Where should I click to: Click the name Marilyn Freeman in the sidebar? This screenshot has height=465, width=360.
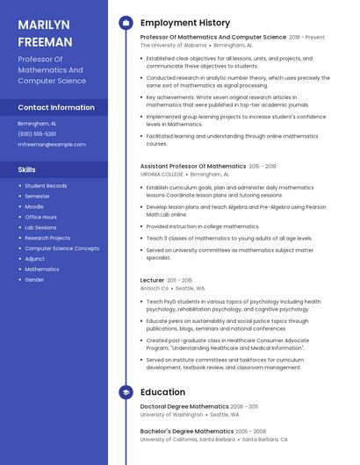point(45,32)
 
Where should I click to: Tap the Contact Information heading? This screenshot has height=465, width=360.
point(56,107)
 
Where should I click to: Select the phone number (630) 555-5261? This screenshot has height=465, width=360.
point(37,133)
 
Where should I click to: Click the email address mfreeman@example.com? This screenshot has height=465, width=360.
point(52,144)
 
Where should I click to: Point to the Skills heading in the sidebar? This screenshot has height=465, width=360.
point(27,169)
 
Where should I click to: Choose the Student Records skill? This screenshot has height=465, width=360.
point(46,186)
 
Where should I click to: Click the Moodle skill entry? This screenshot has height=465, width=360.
point(34,206)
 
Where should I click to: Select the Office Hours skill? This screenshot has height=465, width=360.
point(40,217)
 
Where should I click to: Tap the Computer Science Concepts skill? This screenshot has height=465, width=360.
point(61,248)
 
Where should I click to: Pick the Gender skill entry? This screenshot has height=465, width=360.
point(34,280)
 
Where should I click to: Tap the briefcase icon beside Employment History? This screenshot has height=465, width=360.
point(126,22)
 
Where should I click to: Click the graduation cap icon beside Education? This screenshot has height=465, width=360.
point(126,392)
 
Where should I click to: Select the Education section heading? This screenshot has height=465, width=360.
point(162,392)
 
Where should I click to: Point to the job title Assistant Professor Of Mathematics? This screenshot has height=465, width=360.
point(193,166)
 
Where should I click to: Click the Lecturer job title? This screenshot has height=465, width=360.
point(152,280)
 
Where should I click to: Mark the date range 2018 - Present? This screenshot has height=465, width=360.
point(306,38)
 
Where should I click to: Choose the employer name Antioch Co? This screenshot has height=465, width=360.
point(154,288)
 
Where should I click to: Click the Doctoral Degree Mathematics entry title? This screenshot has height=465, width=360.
point(185,407)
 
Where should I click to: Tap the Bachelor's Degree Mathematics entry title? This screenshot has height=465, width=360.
point(187,432)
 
